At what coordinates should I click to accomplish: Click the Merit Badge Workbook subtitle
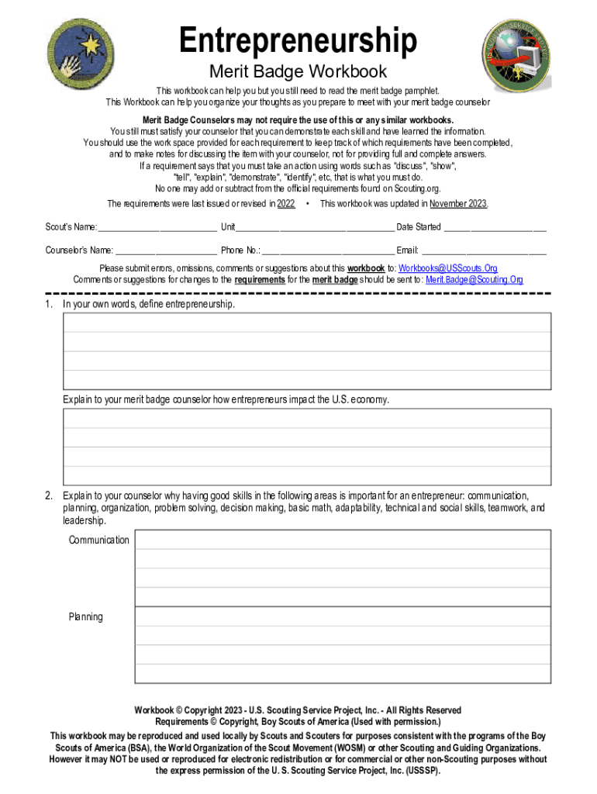pos(298,72)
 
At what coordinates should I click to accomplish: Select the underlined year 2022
pos(285,204)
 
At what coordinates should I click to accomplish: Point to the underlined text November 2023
pos(458,204)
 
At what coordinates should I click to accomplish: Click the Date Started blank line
pos(495,227)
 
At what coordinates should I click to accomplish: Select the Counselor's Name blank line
pos(166,250)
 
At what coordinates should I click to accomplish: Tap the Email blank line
pos(484,250)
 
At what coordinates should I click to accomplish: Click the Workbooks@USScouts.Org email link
pos(448,268)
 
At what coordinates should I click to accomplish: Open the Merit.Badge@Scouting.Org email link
pos(474,279)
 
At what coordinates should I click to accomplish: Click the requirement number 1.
pos(48,305)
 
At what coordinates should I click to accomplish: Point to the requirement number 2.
pos(48,495)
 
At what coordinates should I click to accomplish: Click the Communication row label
pos(99,540)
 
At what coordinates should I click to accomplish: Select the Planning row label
pos(85,617)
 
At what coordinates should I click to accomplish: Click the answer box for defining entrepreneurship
pos(307,351)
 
